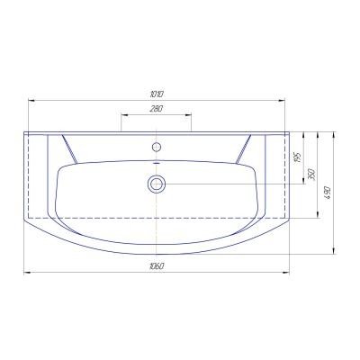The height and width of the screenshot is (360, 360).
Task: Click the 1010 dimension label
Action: click(157, 94)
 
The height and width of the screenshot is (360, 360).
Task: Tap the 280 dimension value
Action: click(157, 108)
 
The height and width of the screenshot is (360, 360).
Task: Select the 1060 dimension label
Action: click(157, 266)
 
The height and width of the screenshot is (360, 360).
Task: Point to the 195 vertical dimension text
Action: click(297, 157)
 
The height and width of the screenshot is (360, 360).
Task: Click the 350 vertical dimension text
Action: click(311, 175)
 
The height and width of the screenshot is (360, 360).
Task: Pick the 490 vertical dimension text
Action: click(327, 193)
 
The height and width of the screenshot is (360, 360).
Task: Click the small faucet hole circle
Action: click(157, 147)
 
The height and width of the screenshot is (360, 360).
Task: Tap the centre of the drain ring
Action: click(157, 184)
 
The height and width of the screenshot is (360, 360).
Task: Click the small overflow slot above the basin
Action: click(157, 163)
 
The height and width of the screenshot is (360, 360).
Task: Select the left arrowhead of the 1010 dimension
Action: click(31, 101)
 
